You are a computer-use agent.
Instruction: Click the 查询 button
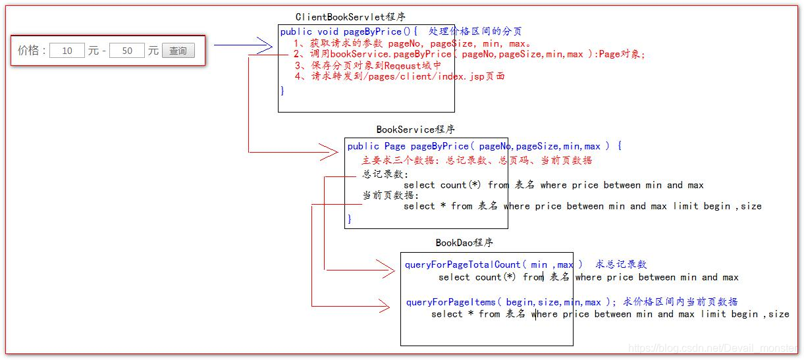178,51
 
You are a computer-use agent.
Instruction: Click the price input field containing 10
67,51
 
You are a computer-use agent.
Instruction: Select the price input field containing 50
127,51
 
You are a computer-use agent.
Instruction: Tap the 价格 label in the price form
30,51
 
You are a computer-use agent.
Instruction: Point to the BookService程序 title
415,130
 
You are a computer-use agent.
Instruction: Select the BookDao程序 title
464,243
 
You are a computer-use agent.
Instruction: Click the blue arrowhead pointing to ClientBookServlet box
264,45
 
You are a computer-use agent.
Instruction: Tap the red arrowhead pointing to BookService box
329,152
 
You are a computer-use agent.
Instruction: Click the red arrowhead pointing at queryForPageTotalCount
386,269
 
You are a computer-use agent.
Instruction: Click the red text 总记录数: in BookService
385,174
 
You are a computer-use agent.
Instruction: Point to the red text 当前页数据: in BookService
390,195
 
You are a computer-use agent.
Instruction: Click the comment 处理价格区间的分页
475,32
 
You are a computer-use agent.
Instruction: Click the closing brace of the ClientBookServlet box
282,91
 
